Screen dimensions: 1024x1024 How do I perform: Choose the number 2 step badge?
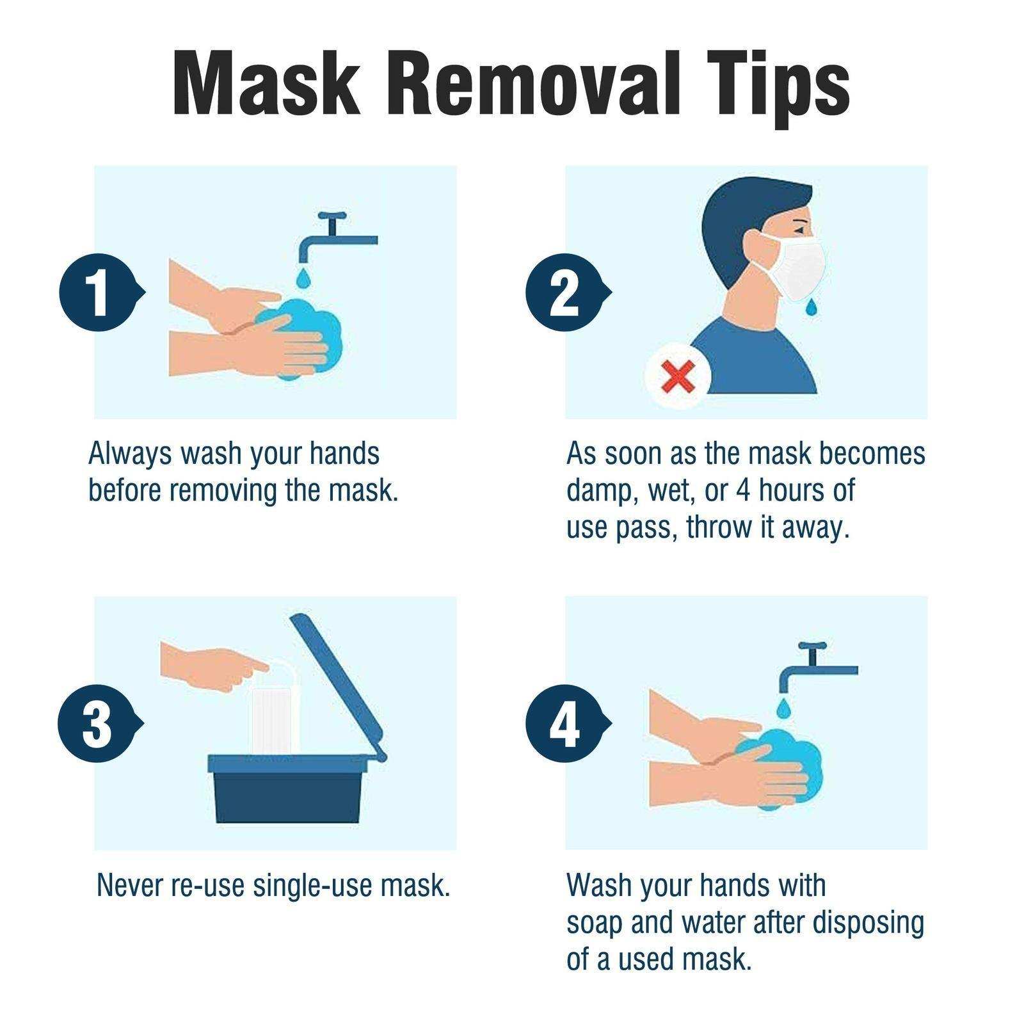(x=564, y=292)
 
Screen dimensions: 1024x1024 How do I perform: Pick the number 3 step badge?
(x=97, y=724)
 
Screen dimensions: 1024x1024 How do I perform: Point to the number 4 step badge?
(x=564, y=724)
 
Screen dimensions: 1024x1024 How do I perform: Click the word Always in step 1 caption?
(x=130, y=453)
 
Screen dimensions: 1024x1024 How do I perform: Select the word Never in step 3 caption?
(x=131, y=885)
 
